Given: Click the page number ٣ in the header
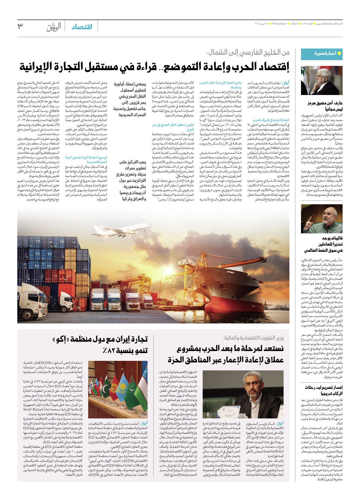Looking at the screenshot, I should tap(20, 26).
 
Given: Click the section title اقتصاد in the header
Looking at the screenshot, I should tap(82, 27).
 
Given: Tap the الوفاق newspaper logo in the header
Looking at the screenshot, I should tap(54, 27).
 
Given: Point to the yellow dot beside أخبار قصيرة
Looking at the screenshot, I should tap(339, 53).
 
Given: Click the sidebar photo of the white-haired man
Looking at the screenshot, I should tap(321, 80).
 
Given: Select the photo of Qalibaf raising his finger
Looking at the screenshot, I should tap(321, 219).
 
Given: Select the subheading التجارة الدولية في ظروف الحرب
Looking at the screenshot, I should tap(271, 120).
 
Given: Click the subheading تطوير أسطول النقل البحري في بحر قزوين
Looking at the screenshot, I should tap(173, 127).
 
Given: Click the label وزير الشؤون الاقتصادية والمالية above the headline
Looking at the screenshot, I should tap(253, 338).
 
